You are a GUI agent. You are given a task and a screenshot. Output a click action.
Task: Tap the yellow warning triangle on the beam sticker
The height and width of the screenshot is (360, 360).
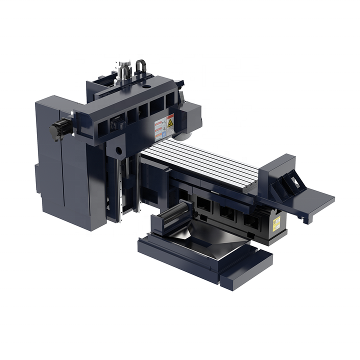tap(170, 121)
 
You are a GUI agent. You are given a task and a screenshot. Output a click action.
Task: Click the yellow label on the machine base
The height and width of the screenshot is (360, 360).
tap(276, 224)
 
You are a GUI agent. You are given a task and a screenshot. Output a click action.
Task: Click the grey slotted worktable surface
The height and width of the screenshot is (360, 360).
tap(205, 162)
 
